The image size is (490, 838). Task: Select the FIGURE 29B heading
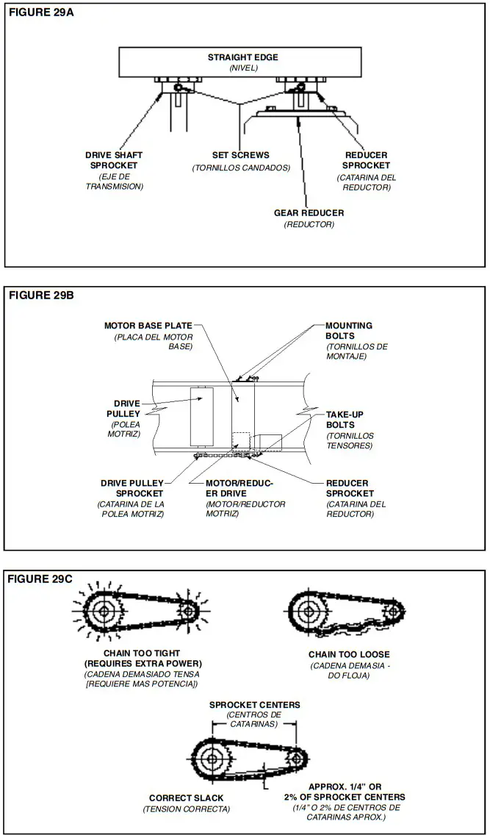41,296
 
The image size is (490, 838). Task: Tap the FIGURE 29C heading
41,579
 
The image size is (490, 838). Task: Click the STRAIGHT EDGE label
243,57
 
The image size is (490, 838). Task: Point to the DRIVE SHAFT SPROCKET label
114,160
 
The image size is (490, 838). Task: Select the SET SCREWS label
240,155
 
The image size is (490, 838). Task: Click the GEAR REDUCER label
309,213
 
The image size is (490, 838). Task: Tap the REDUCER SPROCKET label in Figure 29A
367,160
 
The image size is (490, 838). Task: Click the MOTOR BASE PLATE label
148,325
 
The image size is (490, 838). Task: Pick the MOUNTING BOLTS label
348,330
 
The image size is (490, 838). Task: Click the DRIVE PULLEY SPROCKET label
132,488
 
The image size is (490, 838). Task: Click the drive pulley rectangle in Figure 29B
201,416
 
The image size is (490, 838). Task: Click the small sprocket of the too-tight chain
188,611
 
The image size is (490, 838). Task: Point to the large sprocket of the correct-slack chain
212,757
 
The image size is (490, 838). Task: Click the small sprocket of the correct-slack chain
295,757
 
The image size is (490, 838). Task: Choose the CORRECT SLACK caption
186,798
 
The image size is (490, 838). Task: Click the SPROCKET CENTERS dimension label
254,704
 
